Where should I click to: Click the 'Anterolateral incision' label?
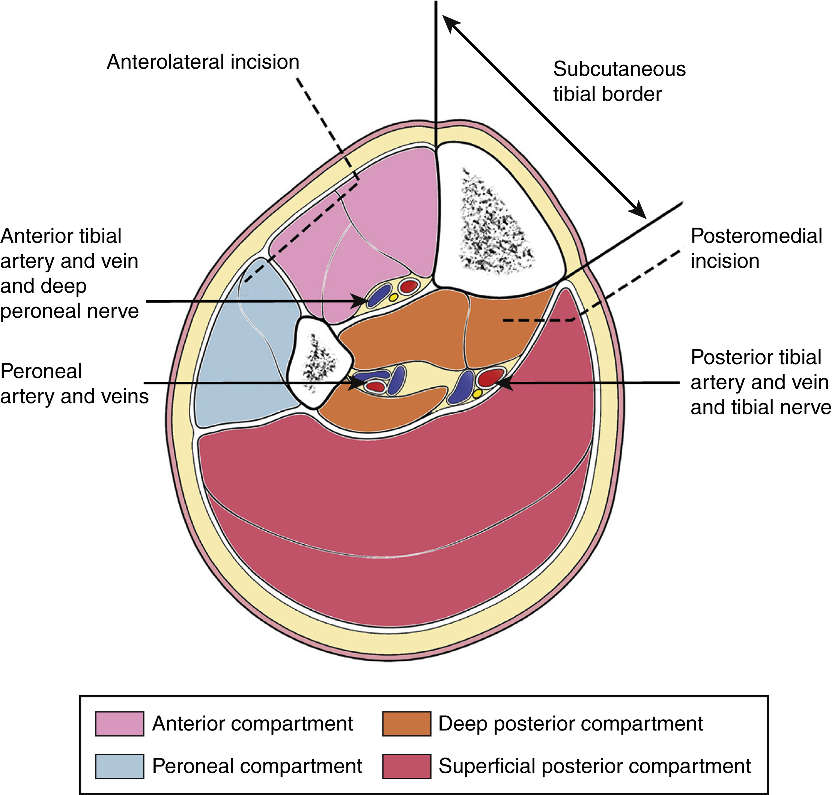203,62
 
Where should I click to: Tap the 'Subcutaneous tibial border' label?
619,81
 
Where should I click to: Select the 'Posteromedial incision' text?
756,248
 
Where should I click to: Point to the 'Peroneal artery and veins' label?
74,384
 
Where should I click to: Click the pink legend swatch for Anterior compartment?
119,723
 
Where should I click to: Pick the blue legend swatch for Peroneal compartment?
119,766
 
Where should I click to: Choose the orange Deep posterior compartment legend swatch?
406,723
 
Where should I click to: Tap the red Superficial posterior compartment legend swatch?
406,766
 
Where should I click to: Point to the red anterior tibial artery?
409,286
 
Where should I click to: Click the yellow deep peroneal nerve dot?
393,297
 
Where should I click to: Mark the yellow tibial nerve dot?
477,393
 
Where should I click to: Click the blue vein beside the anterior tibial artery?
379,295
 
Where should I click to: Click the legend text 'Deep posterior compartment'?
570,723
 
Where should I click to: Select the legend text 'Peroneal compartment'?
257,766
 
